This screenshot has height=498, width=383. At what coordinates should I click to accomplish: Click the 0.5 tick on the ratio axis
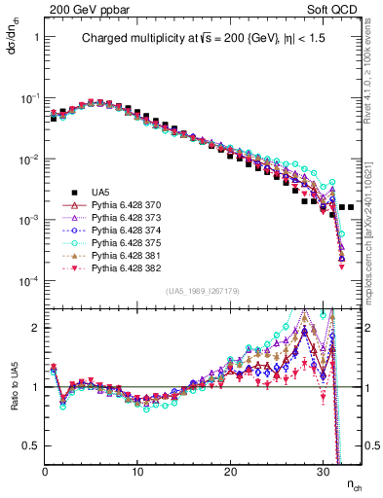click(x=32, y=445)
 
